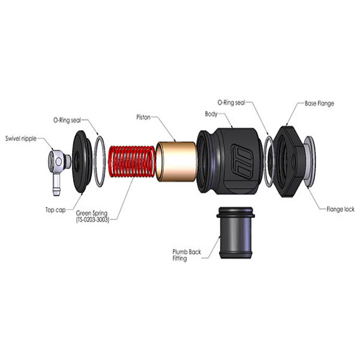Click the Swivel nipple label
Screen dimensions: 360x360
pyautogui.click(x=21, y=139)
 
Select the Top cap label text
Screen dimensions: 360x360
pyautogui.click(x=55, y=210)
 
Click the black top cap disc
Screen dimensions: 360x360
pyautogui.click(x=82, y=162)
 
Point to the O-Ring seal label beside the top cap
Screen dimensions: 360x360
pyautogui.click(x=67, y=120)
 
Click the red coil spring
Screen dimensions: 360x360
pyautogui.click(x=131, y=161)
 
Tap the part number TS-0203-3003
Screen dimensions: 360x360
pyautogui.click(x=92, y=220)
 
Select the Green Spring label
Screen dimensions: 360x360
pyautogui.click(x=92, y=213)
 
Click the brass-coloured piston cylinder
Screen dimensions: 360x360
pyautogui.click(x=176, y=161)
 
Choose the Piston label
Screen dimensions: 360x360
pyautogui.click(x=143, y=118)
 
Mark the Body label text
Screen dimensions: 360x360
pyautogui.click(x=211, y=114)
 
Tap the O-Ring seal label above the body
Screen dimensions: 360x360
pyautogui.click(x=231, y=103)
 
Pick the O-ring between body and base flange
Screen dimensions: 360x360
pyautogui.click(x=269, y=161)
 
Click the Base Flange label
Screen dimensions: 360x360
pyautogui.click(x=319, y=103)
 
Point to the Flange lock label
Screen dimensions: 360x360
pyautogui.click(x=340, y=209)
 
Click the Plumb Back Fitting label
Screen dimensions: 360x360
pyautogui.click(x=187, y=255)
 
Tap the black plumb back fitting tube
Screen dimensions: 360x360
pyautogui.click(x=236, y=233)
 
